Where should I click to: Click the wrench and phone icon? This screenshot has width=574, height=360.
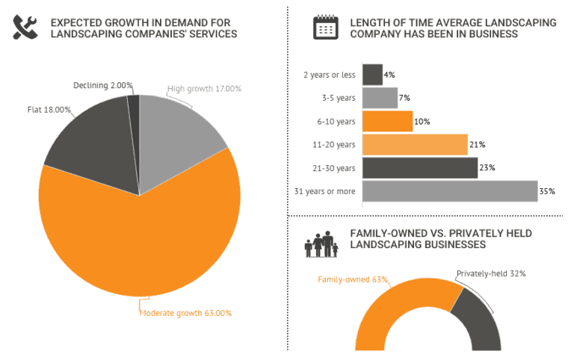tap(26, 28)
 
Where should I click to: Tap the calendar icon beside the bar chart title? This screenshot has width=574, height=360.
tap(325, 28)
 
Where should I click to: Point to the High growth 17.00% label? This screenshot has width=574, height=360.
tap(204, 88)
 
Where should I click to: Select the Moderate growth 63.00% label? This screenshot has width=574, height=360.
tap(185, 313)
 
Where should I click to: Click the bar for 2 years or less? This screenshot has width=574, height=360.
tap(372, 75)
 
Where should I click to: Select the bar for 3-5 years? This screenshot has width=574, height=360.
tap(380, 98)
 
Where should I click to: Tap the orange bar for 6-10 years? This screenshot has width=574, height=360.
tap(387, 121)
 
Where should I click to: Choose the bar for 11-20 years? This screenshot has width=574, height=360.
tap(415, 144)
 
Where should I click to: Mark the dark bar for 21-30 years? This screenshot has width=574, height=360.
tap(419, 168)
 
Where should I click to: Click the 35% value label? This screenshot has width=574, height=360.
tap(547, 191)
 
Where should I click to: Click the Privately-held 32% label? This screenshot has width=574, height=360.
tap(491, 273)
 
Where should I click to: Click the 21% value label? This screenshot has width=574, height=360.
tap(477, 145)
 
